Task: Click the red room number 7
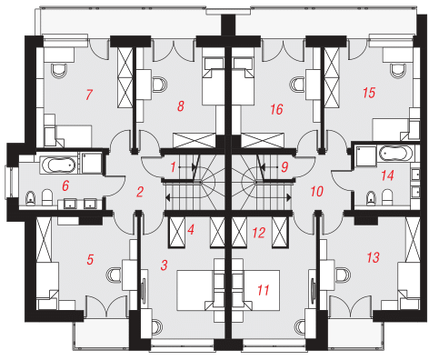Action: point(89,95)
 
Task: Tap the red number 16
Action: point(276,109)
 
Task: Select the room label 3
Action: point(164,265)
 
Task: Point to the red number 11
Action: point(263,290)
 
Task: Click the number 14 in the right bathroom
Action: point(387,175)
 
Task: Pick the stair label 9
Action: point(284,166)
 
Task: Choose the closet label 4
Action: point(191,229)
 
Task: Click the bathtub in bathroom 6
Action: point(58,165)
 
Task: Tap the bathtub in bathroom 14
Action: point(394,154)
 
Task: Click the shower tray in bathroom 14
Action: point(365,155)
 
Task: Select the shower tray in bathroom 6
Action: point(91,163)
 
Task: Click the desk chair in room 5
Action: point(114,275)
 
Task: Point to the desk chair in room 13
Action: point(343,275)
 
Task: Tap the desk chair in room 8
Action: point(159,84)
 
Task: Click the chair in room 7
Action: point(59,71)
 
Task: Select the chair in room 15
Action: point(397,71)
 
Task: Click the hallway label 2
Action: point(140,192)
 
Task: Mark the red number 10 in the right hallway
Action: point(317,192)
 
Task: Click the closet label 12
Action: point(259,233)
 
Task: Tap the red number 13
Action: point(373,257)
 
